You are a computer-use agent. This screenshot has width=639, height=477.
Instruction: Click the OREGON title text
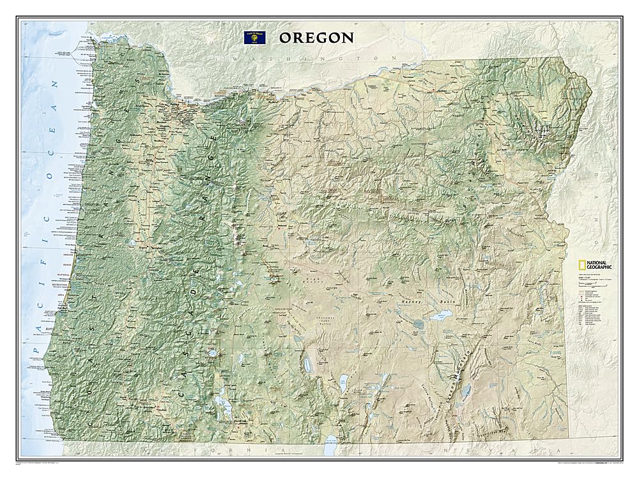click(x=316, y=37)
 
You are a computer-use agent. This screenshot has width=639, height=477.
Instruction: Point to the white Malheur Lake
click(x=441, y=316)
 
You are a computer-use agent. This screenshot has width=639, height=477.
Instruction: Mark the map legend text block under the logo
click(x=588, y=300)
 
